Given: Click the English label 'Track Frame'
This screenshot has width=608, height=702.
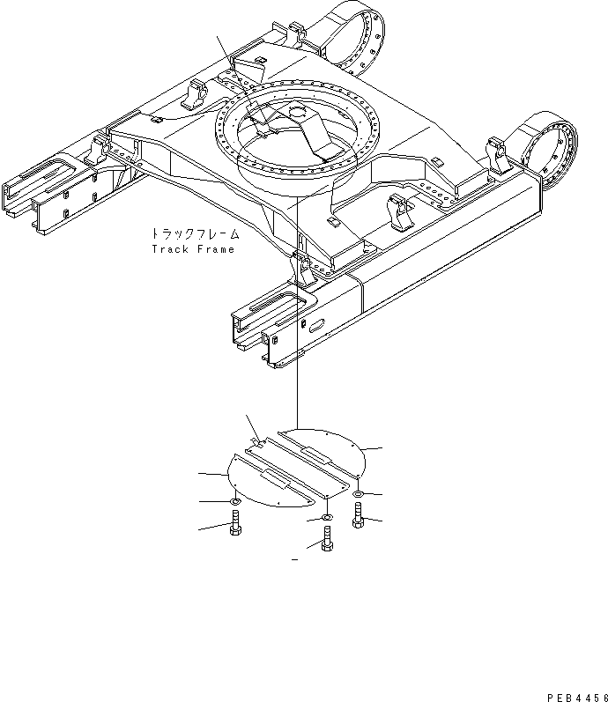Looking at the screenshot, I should click(193, 249).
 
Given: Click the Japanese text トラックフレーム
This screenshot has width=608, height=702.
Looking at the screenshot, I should click(193, 235).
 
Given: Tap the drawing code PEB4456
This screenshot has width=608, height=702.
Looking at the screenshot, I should click(576, 697).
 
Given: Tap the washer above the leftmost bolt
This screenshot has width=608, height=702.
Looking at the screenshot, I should click(235, 502).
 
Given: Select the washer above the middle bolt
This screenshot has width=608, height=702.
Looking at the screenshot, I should click(327, 518).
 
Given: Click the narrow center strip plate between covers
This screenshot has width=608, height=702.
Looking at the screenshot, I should click(291, 466).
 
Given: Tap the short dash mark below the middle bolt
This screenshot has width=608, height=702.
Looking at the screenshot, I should click(294, 559).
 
